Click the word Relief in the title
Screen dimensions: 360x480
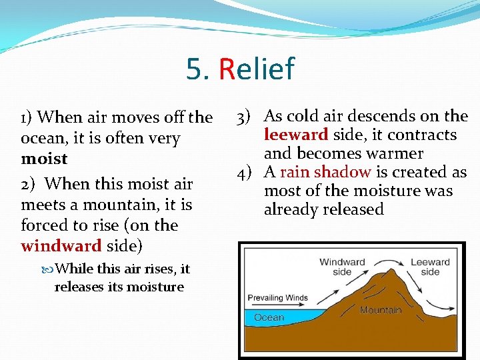[x=256, y=69]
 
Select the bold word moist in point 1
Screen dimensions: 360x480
[x=44, y=159]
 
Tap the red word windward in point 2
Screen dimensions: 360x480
[x=61, y=246]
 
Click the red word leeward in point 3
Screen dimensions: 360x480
[x=296, y=135]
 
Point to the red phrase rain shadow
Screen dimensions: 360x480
[x=325, y=172]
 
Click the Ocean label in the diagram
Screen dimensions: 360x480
[x=269, y=317]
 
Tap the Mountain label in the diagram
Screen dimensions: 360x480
[x=381, y=310]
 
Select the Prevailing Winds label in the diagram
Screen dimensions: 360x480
[x=278, y=297]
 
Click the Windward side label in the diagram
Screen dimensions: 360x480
[x=342, y=267]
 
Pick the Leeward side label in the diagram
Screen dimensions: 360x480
[x=430, y=267]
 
